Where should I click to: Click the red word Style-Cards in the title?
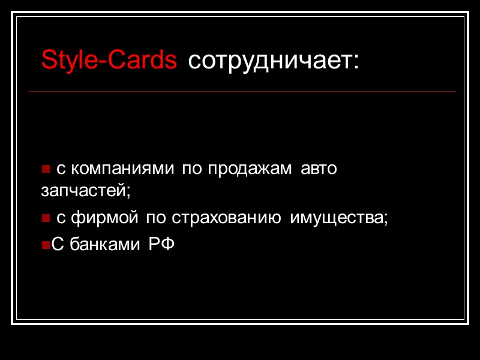109,60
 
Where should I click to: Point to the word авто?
319,169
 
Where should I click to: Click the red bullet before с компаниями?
45,170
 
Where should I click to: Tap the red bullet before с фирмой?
45,219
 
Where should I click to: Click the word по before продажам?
193,169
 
